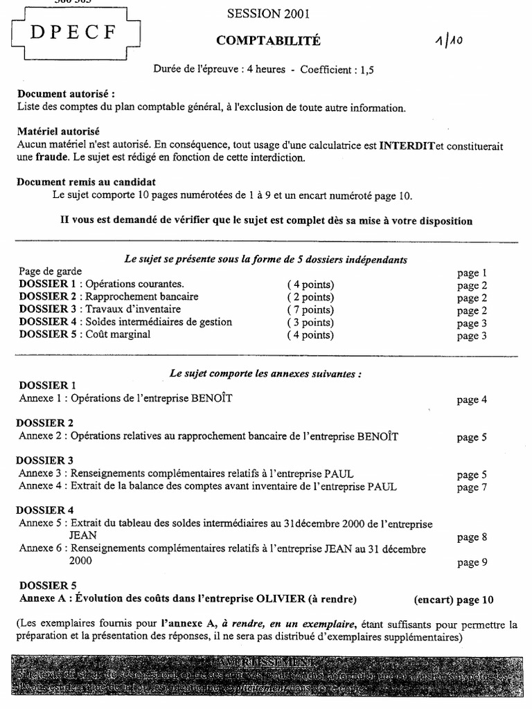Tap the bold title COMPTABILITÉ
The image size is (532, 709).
pyautogui.click(x=268, y=41)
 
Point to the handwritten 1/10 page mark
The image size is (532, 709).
pyautogui.click(x=465, y=41)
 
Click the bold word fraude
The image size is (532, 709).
pyautogui.click(x=53, y=157)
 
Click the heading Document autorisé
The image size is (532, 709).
pyautogui.click(x=66, y=93)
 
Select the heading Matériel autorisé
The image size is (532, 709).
pyautogui.click(x=58, y=132)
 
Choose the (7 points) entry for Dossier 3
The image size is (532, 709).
pyautogui.click(x=310, y=309)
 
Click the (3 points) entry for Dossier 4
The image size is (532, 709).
pyautogui.click(x=310, y=322)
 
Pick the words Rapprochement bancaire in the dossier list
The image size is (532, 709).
pyautogui.click(x=142, y=297)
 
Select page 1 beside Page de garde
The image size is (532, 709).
pyautogui.click(x=472, y=273)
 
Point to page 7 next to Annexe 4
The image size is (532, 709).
pyautogui.click(x=472, y=487)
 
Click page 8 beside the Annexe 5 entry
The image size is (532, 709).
pyautogui.click(x=472, y=537)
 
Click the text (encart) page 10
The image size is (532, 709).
pyautogui.click(x=453, y=600)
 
